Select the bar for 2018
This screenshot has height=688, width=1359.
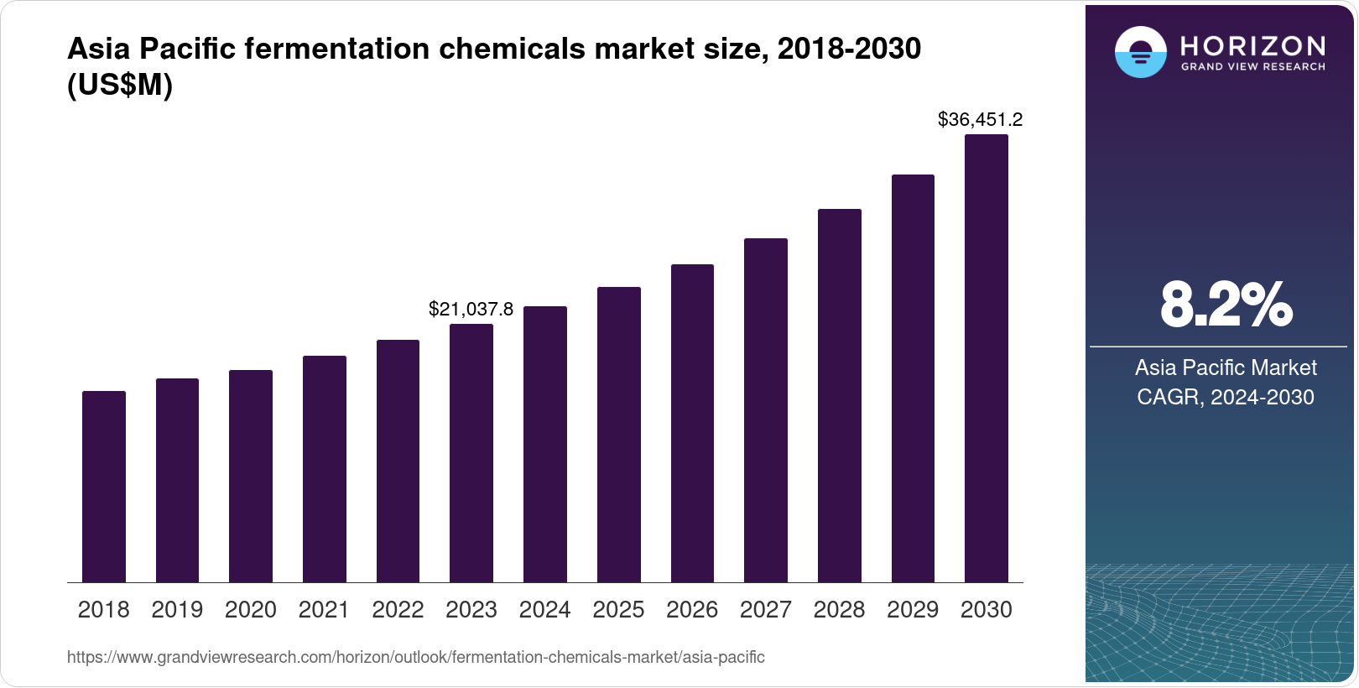point(104,487)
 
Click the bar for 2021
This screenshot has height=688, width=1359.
point(325,469)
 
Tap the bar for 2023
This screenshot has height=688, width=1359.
point(471,453)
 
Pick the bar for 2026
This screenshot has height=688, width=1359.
point(692,423)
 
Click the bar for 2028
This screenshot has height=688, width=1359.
point(840,395)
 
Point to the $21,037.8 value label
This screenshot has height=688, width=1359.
point(471,310)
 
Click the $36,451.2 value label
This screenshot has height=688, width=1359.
point(980,120)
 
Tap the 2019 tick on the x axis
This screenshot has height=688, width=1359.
point(177,610)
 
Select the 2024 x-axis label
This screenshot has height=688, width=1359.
point(544,610)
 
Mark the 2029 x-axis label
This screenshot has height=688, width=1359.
point(913,610)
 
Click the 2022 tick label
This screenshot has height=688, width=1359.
point(398,610)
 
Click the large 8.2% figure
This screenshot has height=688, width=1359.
point(1226,305)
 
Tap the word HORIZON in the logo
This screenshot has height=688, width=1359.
point(1252,46)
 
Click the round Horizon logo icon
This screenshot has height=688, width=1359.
point(1140,52)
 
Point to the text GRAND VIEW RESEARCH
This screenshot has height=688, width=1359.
point(1252,67)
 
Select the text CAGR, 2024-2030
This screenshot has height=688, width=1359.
point(1225,397)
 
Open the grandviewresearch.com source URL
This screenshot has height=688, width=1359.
point(415,658)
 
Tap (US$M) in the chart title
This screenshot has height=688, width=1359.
point(120,86)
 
